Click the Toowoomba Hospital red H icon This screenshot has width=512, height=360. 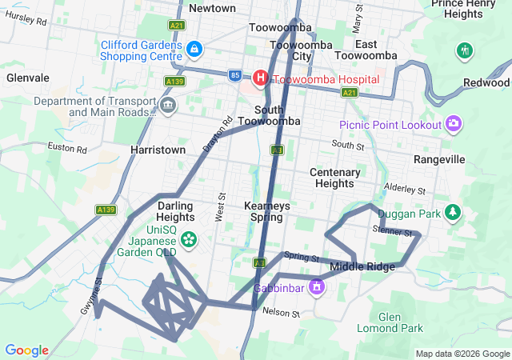coord(261,78)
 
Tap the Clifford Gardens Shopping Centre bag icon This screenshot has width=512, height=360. coord(194,50)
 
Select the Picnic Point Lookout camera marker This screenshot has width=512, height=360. coord(454,123)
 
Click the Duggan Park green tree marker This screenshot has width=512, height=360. coord(454,212)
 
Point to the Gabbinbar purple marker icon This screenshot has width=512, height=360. coord(318,286)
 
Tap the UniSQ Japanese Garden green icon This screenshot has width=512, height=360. coord(189,238)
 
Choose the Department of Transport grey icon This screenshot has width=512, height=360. coord(168,105)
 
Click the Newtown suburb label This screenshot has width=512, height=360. coord(212,8)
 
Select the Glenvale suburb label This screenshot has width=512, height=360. coord(27,78)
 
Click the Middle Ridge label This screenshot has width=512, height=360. coord(362,266)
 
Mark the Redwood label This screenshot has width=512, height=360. coord(486,82)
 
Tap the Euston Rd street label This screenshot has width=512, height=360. coord(67,148)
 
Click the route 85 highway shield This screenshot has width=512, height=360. coord(234,75)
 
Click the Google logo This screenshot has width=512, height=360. coord(26,350)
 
